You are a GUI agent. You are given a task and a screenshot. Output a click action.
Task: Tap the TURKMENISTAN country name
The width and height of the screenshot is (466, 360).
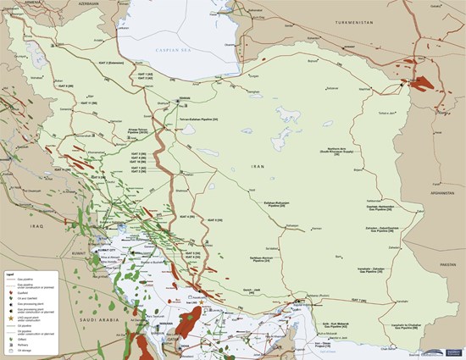[358, 23]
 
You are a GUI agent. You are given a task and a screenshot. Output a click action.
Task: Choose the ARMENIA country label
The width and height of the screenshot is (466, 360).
[16, 3]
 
